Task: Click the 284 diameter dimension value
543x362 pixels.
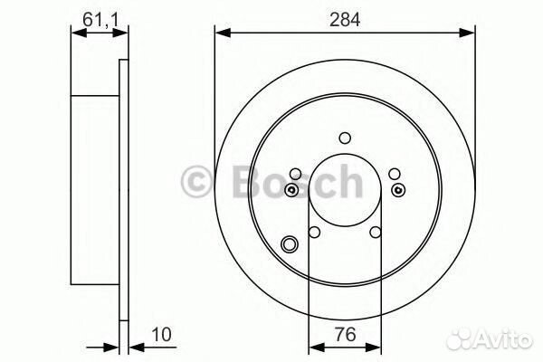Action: [x=345, y=19]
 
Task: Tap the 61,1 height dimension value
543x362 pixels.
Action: [x=100, y=20]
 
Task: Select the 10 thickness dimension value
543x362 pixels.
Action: [x=161, y=334]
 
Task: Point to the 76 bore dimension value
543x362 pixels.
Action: [x=346, y=334]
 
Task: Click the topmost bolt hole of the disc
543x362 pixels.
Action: [x=345, y=138]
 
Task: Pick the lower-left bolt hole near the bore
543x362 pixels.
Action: [x=314, y=232]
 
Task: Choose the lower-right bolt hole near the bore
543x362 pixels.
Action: [x=376, y=232]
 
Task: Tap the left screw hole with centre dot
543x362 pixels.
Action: [x=291, y=189]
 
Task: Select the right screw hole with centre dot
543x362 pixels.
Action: [x=398, y=189]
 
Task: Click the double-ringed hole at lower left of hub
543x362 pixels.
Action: [x=290, y=243]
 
